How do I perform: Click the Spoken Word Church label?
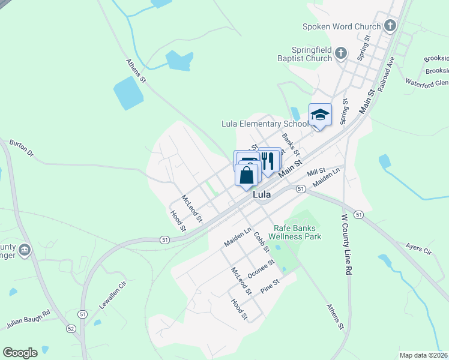[342, 26]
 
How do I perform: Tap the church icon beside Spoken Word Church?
[390, 25]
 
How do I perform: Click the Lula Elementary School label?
[264, 124]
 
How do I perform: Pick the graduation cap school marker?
[320, 115]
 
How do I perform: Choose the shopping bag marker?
[247, 176]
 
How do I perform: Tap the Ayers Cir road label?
[418, 249]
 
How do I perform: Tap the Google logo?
[20, 353]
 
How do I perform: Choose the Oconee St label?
[261, 269]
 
